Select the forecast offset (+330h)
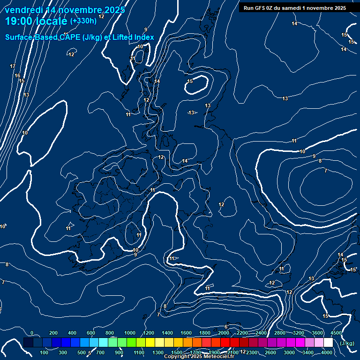83,21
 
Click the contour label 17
13,67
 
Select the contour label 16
17,75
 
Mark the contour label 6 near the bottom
226,327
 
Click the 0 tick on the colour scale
32,333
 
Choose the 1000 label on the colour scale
130,333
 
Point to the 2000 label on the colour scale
224,333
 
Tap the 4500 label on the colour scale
336,333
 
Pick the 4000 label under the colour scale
327,352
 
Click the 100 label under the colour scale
45,352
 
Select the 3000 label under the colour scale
289,352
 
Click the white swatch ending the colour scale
328,343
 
